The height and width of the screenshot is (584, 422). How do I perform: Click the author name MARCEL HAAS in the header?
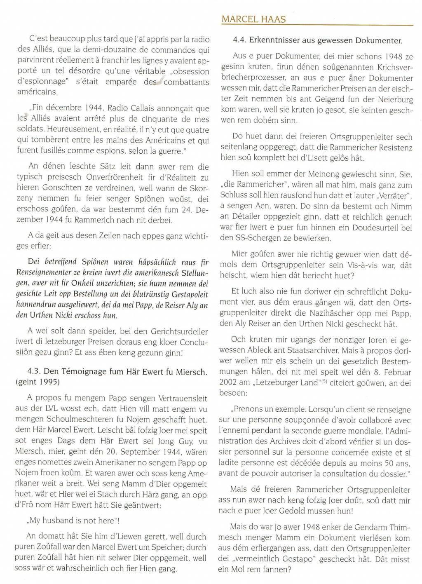(x=253, y=19)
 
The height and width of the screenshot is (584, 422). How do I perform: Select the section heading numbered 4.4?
(x=317, y=40)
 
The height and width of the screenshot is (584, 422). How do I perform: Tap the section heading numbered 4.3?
(x=110, y=371)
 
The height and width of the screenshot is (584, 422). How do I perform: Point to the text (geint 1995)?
(x=38, y=381)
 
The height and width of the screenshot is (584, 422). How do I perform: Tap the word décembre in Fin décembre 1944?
(x=62, y=108)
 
